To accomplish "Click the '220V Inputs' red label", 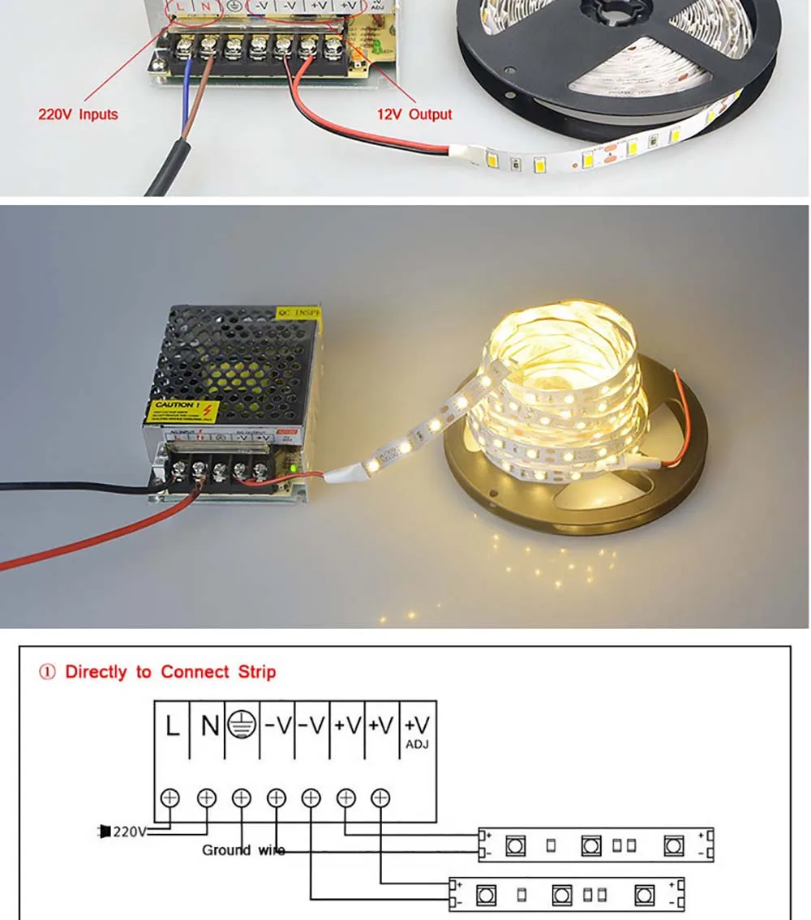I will tap(78, 114).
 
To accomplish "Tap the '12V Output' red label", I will tap(414, 114).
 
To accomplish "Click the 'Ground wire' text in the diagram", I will tap(242, 850).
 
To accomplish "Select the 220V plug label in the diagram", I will tap(123, 831).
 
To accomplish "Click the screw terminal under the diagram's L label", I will tap(171, 797).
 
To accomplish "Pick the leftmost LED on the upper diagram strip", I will tap(513, 846).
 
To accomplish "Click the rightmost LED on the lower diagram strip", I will tap(645, 896).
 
